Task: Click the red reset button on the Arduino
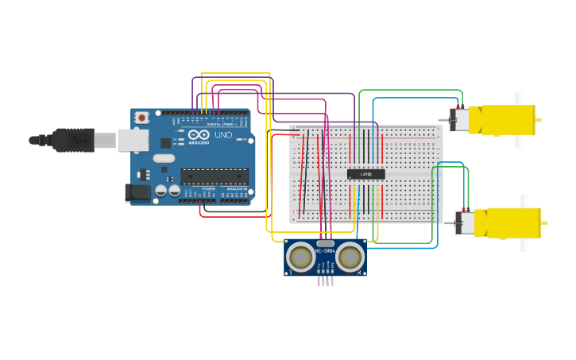141,118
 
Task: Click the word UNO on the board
223,135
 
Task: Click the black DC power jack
137,192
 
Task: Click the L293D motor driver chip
365,174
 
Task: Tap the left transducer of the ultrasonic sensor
301,257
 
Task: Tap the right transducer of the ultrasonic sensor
350,257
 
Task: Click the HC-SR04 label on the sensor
325,251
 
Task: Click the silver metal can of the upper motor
459,120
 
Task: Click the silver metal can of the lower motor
465,223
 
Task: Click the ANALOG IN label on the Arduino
237,188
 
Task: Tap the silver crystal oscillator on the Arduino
164,158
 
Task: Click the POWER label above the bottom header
207,188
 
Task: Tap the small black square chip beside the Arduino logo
165,143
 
